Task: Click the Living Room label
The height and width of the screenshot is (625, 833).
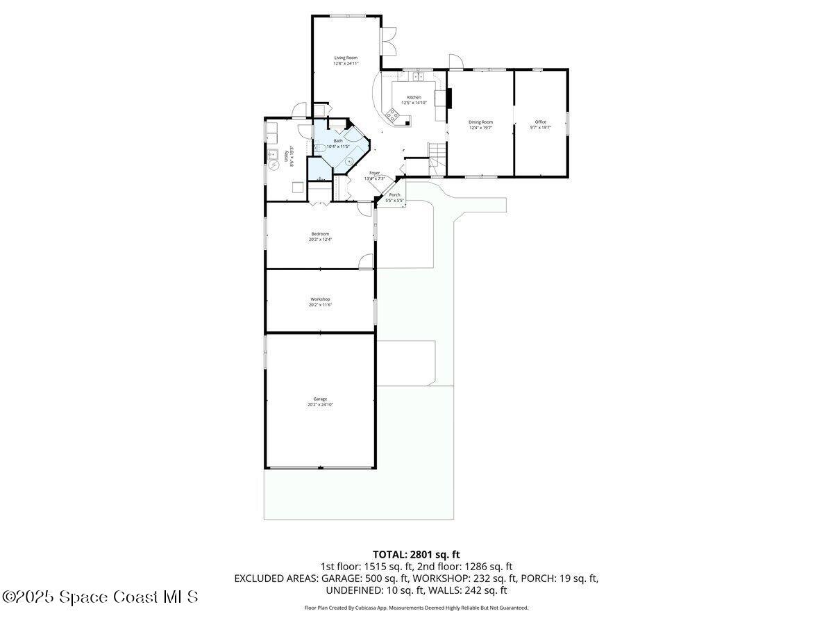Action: [x=346, y=58]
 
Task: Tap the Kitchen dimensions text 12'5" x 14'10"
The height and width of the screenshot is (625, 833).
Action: [x=414, y=103]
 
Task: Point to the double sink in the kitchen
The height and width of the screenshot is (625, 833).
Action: [x=417, y=76]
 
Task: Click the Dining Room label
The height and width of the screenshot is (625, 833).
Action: [x=480, y=122]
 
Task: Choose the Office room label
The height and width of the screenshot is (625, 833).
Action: [x=540, y=122]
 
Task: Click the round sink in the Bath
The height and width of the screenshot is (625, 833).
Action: [x=349, y=160]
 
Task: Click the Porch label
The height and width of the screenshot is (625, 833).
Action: [x=394, y=195]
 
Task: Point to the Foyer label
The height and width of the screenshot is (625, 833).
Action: [x=374, y=173]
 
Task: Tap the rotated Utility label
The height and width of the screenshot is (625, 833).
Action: [x=287, y=157]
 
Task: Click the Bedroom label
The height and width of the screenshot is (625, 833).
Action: [x=320, y=234]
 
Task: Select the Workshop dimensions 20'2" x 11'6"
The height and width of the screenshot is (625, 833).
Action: [x=320, y=305]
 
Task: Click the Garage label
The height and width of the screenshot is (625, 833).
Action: [x=320, y=399]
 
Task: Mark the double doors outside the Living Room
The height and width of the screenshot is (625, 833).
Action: [x=389, y=41]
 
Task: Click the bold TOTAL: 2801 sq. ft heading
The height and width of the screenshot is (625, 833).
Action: [x=416, y=554]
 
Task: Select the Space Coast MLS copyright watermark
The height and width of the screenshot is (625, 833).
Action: [x=100, y=597]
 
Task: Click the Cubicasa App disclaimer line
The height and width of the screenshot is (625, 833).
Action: [x=416, y=608]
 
